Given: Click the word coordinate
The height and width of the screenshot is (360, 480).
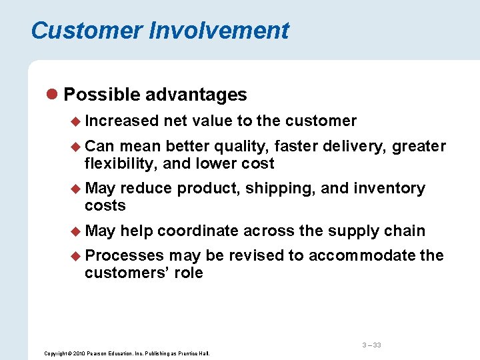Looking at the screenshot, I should (198, 231).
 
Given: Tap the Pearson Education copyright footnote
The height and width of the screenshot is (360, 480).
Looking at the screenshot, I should (127, 353).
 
